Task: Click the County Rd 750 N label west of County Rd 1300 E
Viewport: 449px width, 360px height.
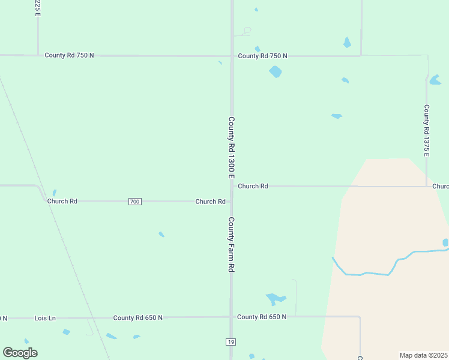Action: point(69,55)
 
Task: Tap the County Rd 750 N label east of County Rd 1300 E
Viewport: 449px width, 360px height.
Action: point(262,56)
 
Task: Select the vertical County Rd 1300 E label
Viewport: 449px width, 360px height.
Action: point(231,147)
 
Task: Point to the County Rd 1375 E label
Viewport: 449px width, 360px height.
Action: point(426,130)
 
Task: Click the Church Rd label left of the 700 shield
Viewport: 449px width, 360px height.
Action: point(62,202)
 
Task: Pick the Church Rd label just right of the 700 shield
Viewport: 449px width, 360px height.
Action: point(210,202)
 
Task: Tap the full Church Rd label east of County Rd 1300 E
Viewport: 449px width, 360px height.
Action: point(253,186)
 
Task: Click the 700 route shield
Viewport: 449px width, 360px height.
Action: point(134,202)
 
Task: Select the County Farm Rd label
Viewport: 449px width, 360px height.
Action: point(231,245)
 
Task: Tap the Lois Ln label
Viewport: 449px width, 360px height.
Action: point(45,317)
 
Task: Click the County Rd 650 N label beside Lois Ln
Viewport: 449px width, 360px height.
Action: point(137,317)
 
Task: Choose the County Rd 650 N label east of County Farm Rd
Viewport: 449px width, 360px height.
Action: point(262,316)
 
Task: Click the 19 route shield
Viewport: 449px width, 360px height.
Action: point(231,342)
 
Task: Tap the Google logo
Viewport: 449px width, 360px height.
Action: point(20,353)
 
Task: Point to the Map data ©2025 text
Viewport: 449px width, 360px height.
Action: point(424,355)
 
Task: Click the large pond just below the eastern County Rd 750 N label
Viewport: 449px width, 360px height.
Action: point(276,72)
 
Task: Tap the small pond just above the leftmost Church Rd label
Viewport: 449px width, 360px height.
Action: point(54,193)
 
